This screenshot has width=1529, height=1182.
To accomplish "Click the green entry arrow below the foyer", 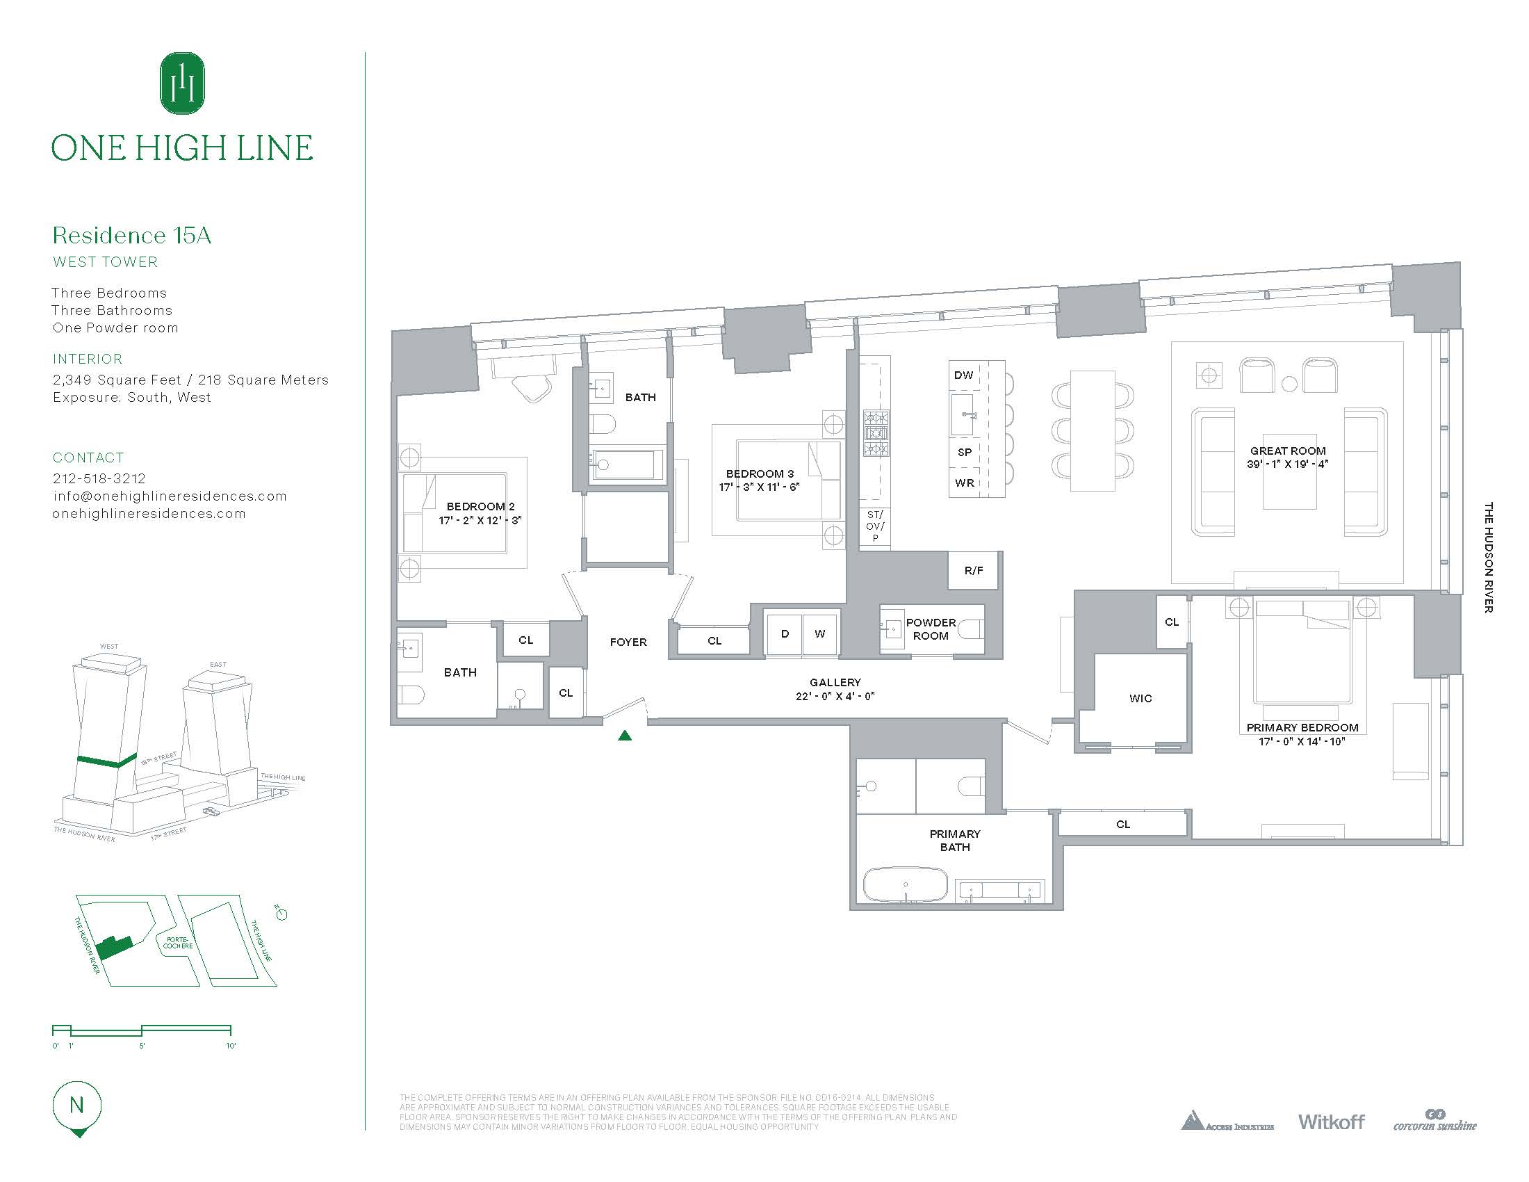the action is point(625,735).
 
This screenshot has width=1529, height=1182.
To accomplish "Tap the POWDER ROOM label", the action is point(931,629).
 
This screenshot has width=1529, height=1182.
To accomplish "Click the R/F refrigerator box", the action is point(974,570).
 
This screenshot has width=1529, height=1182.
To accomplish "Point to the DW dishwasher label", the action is point(963,375).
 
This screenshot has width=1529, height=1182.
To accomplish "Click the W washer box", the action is point(820,633).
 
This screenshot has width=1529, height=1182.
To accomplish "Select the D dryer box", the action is point(785,633).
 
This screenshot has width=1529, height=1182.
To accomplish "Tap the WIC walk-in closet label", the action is point(1140,698).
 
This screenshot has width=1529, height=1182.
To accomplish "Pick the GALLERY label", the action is point(835,682).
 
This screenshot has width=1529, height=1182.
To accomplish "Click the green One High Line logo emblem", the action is point(182,83).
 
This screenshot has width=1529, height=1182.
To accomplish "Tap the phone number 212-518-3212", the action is point(99,478).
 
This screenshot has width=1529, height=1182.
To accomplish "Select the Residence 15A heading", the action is point(131,235).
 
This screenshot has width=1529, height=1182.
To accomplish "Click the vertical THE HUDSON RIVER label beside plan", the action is point(1489,558).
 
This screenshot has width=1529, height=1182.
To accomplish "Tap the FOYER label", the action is point(628,642).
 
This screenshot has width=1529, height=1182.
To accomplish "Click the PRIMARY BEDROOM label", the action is point(1302,727).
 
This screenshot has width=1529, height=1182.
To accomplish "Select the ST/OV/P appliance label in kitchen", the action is point(875,526).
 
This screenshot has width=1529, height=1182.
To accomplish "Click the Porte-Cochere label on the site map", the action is point(178,943).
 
